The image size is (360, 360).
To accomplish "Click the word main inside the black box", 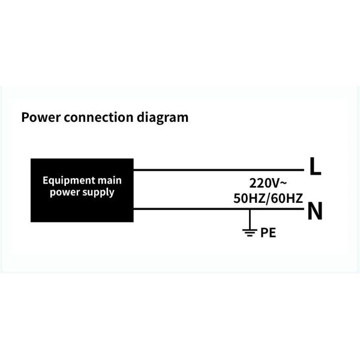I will pos(110,181).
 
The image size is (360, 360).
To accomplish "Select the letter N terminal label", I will pos(315,212).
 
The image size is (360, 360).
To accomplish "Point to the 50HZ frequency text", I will pos(248,199).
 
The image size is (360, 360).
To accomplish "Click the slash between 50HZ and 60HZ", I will pos(268,199).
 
